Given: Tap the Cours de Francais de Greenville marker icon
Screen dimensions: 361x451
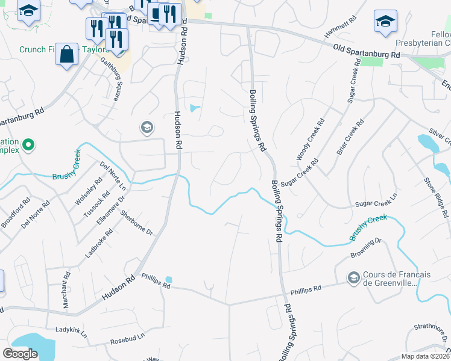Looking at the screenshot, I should [x=353, y=277].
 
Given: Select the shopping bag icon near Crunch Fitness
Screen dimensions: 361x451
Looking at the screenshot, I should [x=67, y=54].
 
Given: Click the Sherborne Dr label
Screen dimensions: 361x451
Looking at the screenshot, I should [x=137, y=223].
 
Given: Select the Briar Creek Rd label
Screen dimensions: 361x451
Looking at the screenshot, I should [x=350, y=138].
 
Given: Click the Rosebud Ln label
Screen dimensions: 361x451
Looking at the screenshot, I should [x=128, y=340].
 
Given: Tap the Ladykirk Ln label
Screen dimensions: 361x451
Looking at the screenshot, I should [x=71, y=332].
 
